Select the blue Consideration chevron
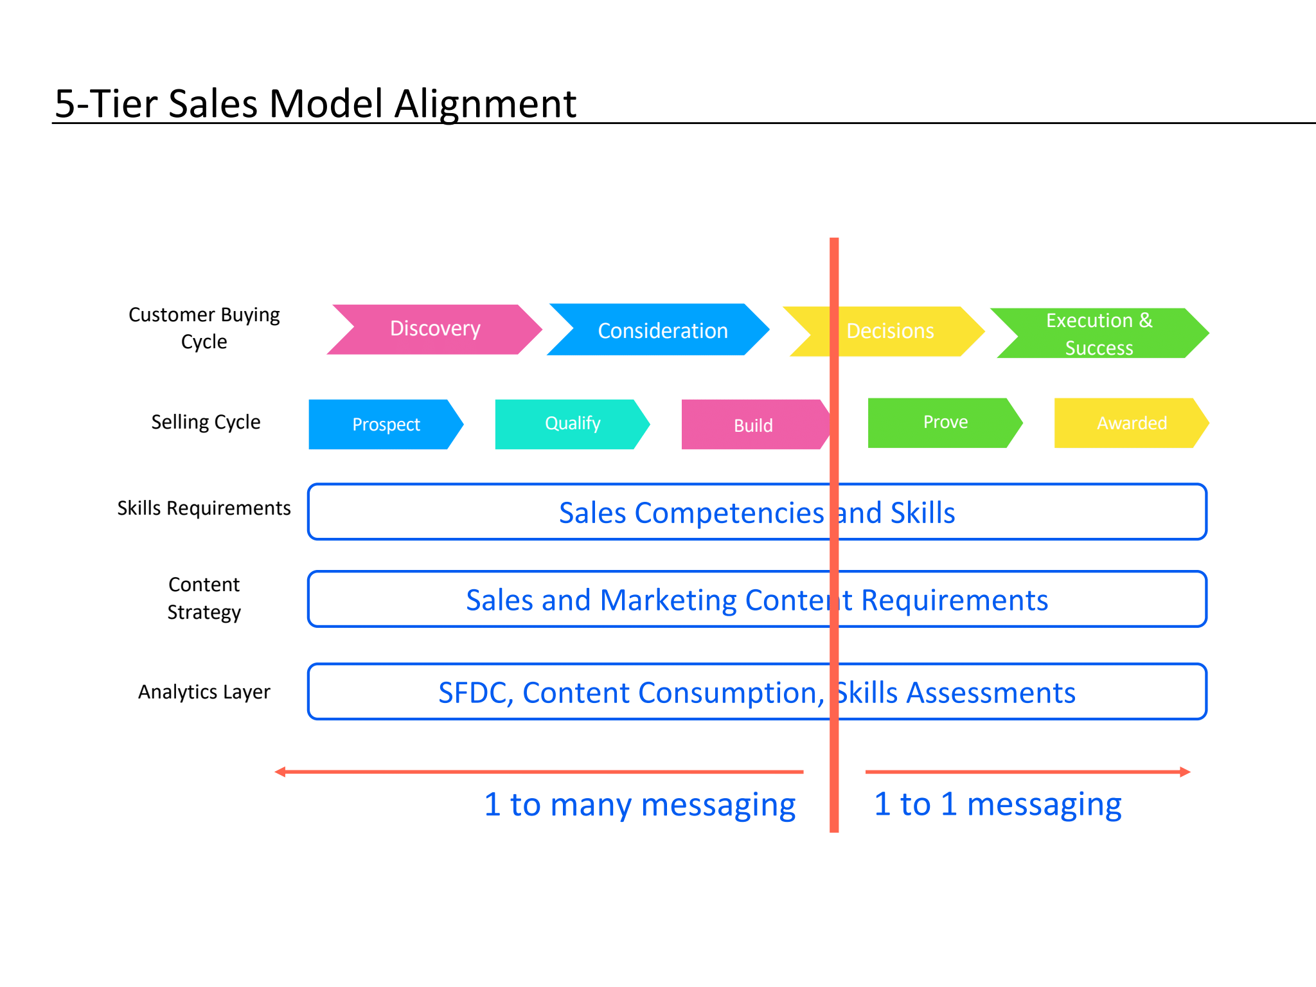click(x=658, y=330)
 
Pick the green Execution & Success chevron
click(x=1099, y=333)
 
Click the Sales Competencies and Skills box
click(x=757, y=512)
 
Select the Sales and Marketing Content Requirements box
click(x=757, y=600)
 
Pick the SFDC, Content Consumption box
click(x=757, y=692)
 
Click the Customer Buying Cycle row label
click(x=204, y=328)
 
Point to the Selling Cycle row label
click(x=206, y=422)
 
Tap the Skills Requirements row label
click(x=204, y=508)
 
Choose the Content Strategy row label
click(x=204, y=598)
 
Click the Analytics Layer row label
click(x=204, y=692)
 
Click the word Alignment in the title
click(x=485, y=104)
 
